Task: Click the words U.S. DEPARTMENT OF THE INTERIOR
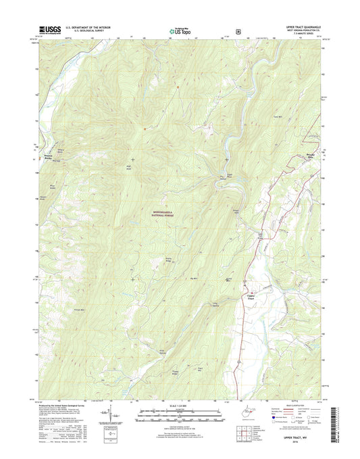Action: [93, 26]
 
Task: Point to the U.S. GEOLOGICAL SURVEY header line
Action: [93, 30]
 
